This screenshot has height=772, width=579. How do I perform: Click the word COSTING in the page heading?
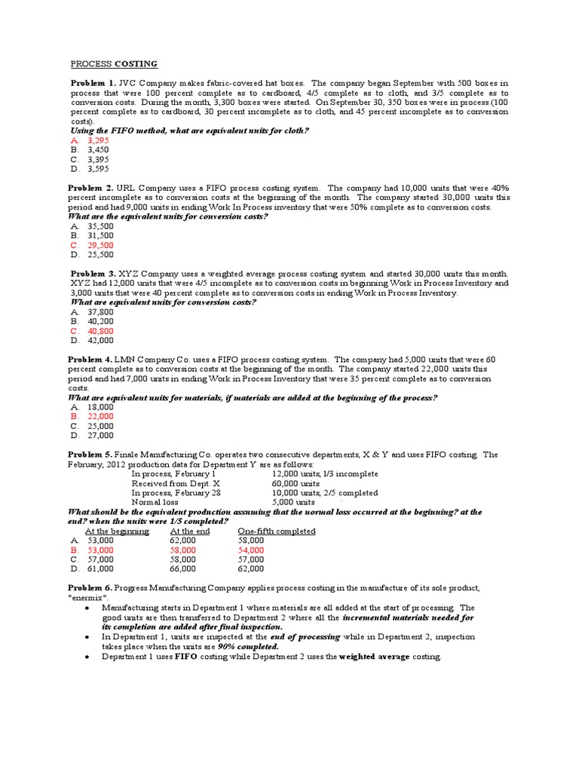tap(136, 64)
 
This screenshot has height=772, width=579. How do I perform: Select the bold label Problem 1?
tap(93, 83)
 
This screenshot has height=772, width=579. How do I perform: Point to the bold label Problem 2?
tap(93, 188)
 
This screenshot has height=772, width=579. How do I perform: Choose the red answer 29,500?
tap(101, 245)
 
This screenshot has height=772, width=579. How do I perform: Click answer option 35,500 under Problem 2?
tap(101, 226)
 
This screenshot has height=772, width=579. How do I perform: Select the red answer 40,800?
tap(101, 331)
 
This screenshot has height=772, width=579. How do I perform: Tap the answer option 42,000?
tap(101, 340)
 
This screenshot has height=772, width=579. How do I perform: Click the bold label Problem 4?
tap(93, 360)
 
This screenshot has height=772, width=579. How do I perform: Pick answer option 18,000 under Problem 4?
tap(101, 407)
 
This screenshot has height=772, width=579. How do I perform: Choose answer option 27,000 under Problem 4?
tap(101, 435)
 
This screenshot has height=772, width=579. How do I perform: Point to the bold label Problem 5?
tap(93, 455)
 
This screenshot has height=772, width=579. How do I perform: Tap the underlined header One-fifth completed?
tap(276, 532)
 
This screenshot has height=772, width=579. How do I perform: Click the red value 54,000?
tap(251, 550)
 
